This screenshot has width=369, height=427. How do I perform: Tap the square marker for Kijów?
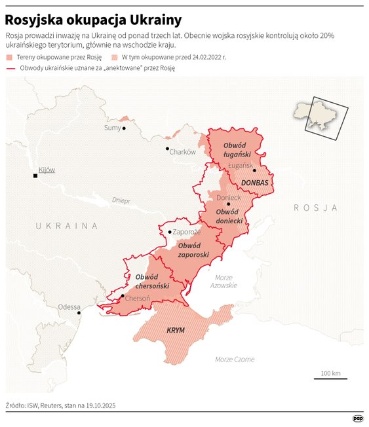point(37,176)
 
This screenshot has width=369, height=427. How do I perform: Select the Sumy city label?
point(113,128)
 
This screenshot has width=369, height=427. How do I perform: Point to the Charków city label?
point(182,152)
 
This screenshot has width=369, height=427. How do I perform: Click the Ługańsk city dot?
point(254,170)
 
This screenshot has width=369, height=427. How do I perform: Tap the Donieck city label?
point(229,197)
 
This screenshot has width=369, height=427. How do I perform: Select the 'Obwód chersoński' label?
point(153,282)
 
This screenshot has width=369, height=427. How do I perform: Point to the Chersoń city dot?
point(123,297)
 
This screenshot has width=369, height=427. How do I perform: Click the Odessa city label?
point(69,306)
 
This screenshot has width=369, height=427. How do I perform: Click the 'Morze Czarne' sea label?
point(235,360)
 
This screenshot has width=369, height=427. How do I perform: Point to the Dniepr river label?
point(121,200)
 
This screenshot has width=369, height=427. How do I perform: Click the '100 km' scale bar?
point(330,376)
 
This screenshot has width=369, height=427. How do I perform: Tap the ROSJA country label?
point(315,208)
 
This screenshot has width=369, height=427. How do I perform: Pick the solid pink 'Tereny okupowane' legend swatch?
point(10,58)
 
